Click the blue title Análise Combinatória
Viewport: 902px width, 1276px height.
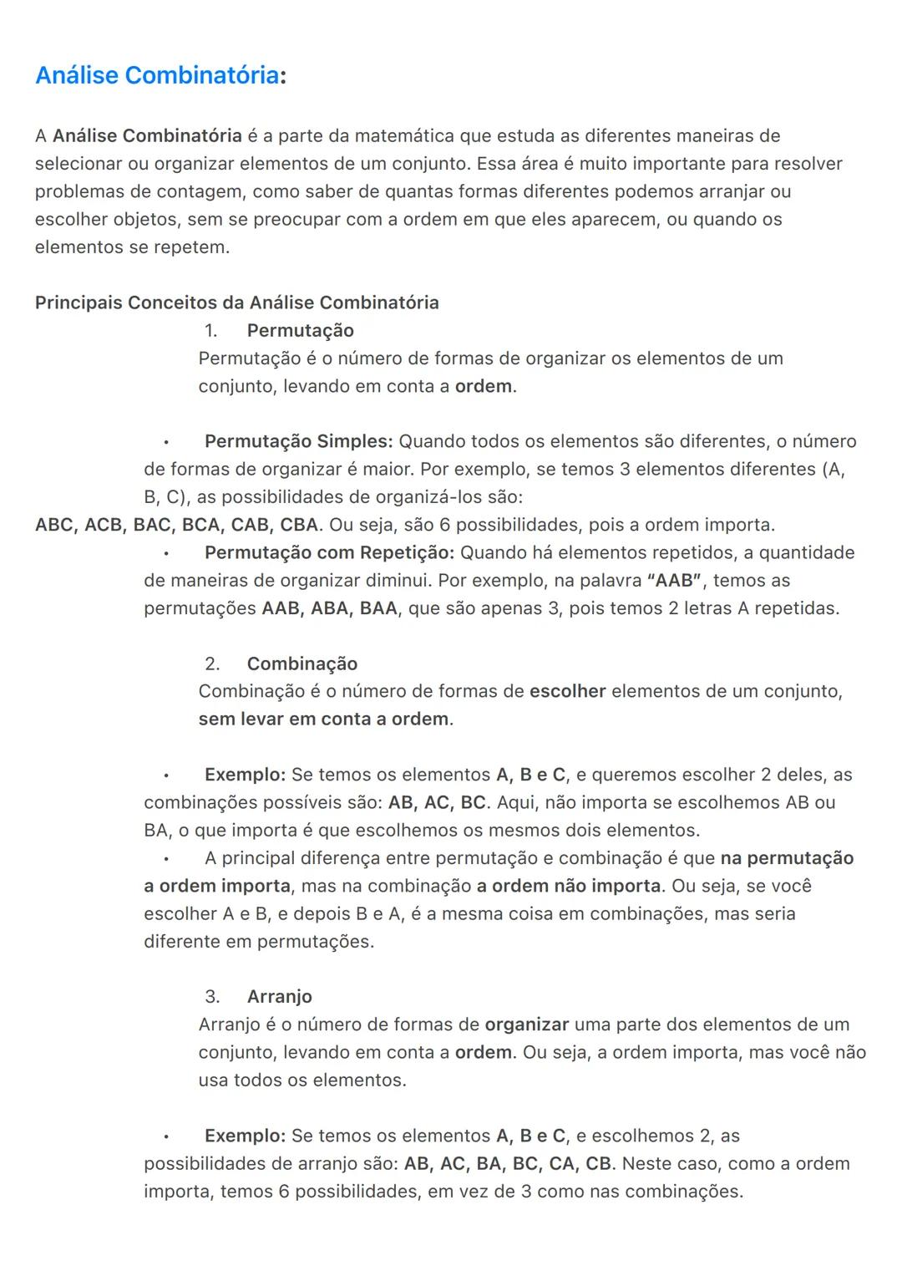pyautogui.click(x=157, y=75)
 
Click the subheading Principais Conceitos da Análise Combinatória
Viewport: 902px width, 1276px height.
pyautogui.click(x=236, y=302)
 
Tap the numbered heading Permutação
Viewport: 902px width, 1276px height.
pyautogui.click(x=300, y=330)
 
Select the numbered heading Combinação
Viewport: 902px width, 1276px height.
pyautogui.click(x=302, y=663)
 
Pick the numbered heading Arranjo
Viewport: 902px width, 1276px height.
pyautogui.click(x=279, y=996)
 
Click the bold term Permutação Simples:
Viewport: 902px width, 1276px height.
pyautogui.click(x=298, y=441)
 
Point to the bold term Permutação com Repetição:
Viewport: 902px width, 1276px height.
pyautogui.click(x=329, y=552)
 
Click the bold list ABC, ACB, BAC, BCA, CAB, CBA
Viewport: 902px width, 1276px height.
pyautogui.click(x=176, y=525)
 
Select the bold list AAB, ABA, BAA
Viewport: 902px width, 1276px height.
pyautogui.click(x=329, y=608)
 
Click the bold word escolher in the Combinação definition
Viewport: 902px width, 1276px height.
pyautogui.click(x=567, y=691)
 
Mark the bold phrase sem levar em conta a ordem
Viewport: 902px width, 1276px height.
pyautogui.click(x=323, y=719)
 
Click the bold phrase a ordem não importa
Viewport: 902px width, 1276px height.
pyautogui.click(x=568, y=886)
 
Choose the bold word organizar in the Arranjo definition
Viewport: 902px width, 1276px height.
pyautogui.click(x=526, y=1024)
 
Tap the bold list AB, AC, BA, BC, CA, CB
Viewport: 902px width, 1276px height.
pyautogui.click(x=508, y=1163)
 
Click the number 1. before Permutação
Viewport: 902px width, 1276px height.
pyautogui.click(x=211, y=330)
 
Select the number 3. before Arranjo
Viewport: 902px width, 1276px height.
pyautogui.click(x=212, y=996)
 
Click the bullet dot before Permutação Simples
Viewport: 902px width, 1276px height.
pyautogui.click(x=166, y=442)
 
